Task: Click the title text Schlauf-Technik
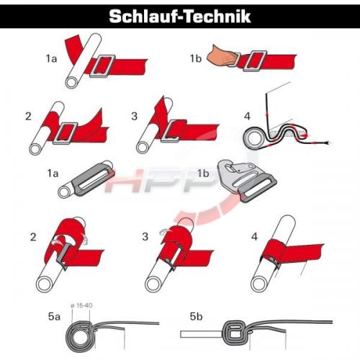click(180, 17)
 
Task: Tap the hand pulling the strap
click(222, 57)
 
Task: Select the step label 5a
click(54, 317)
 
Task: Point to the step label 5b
click(196, 317)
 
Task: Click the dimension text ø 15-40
click(81, 306)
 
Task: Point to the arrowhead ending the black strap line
click(328, 143)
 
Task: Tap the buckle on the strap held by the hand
click(255, 61)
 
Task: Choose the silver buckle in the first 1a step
click(103, 66)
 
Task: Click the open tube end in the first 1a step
click(71, 82)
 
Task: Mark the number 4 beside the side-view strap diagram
click(247, 116)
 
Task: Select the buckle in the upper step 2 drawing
click(65, 133)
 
